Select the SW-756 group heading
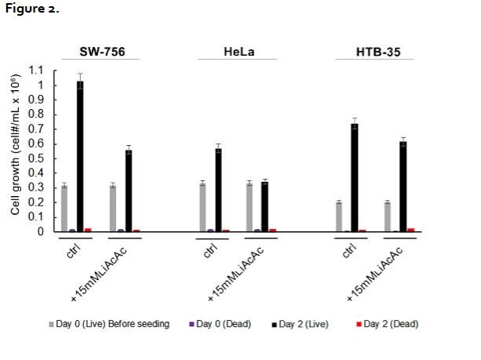pos(103,53)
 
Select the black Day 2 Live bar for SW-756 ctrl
pos(80,156)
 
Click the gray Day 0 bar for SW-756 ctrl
pos(64,209)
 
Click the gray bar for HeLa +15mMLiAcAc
pos(250,207)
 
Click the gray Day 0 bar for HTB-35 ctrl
pos(339,216)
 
